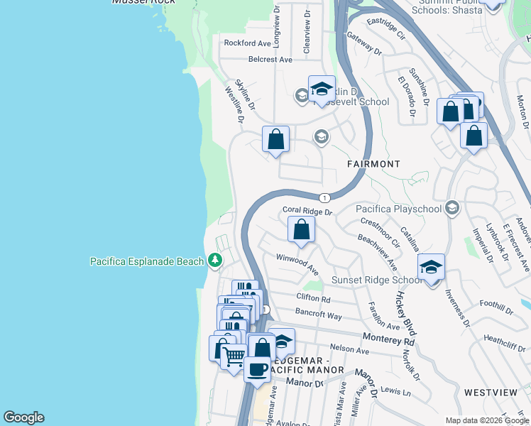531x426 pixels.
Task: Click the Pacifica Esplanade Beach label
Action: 147,261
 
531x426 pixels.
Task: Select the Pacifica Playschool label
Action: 398,209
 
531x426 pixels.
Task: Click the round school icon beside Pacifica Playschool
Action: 451,209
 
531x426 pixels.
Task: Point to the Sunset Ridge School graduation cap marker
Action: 431,268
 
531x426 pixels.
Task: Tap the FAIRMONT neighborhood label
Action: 373,164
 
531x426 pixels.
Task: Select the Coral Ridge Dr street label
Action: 307,211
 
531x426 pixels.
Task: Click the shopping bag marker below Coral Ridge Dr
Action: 302,230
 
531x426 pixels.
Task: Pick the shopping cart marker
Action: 234,356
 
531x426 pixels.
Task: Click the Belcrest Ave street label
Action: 270,60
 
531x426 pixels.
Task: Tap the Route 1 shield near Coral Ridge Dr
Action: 324,197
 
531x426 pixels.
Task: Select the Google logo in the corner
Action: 23,417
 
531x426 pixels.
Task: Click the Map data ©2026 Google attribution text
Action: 486,420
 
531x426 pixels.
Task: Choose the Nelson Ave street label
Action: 350,349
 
